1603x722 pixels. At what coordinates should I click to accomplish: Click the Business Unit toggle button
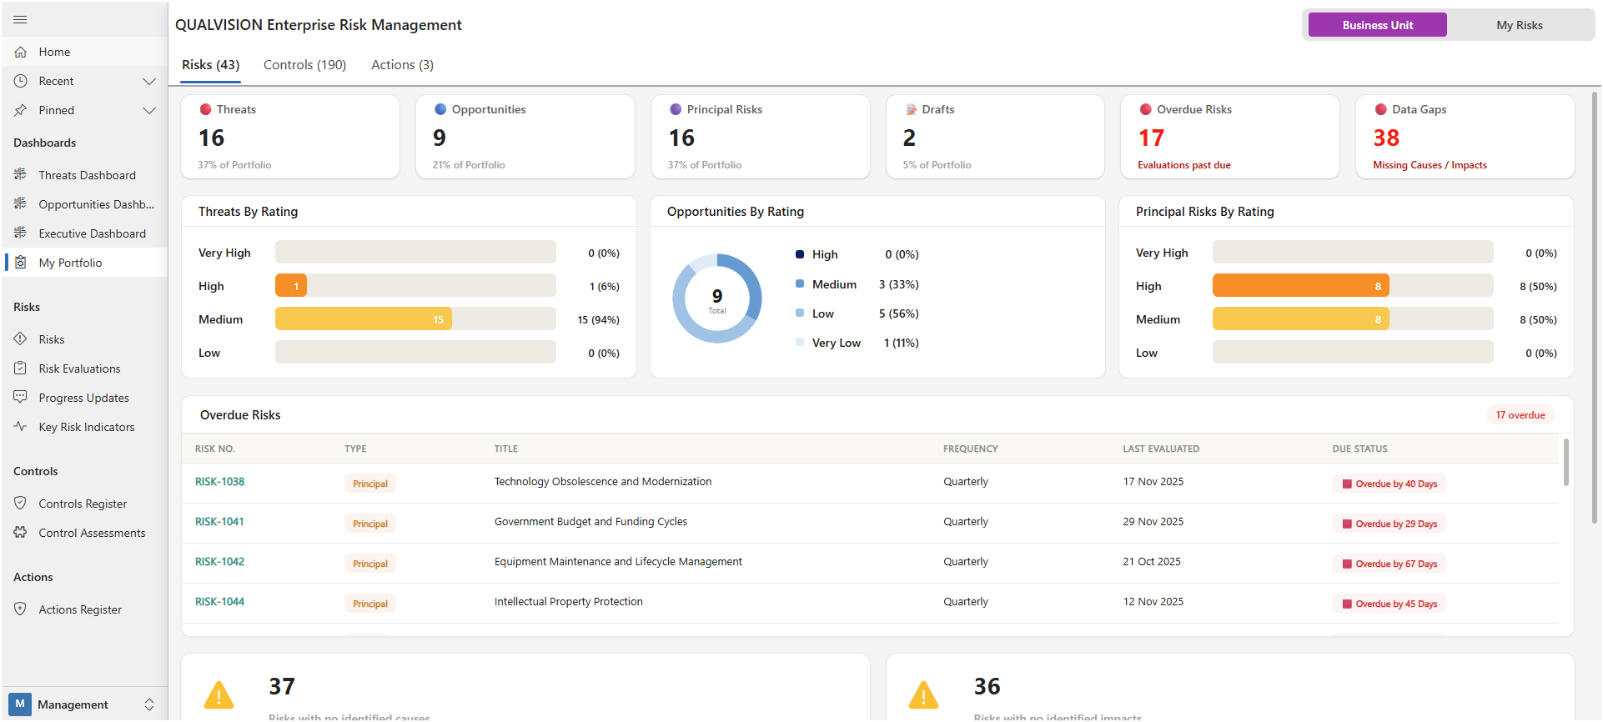coord(1377,25)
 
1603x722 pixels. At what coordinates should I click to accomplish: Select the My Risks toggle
coord(1519,25)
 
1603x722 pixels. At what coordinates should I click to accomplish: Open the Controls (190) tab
coord(304,65)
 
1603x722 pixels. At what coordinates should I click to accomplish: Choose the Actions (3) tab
coord(402,65)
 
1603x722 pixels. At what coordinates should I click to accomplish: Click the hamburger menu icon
coord(21,19)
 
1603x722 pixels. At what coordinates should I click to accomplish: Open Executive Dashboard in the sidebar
coord(92,233)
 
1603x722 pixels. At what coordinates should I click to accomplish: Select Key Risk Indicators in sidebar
coord(86,427)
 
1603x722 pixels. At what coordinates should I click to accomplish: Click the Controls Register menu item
coord(83,504)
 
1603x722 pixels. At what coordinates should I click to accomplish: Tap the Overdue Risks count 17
coord(1151,138)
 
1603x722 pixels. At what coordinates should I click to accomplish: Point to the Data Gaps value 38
coord(1386,138)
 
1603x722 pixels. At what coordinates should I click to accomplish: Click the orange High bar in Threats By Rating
coord(291,286)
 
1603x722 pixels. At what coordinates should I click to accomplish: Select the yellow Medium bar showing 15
coord(364,319)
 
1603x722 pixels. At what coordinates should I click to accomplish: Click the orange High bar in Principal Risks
coord(1300,286)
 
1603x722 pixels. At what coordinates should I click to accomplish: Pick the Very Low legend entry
coord(836,343)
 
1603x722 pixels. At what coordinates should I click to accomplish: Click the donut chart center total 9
coord(717,298)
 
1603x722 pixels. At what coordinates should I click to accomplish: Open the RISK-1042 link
coord(219,562)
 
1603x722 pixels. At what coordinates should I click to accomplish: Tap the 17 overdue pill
coord(1520,415)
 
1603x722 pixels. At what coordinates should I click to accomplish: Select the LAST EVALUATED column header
coord(1160,449)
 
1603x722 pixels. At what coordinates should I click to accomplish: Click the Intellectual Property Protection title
coord(568,602)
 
